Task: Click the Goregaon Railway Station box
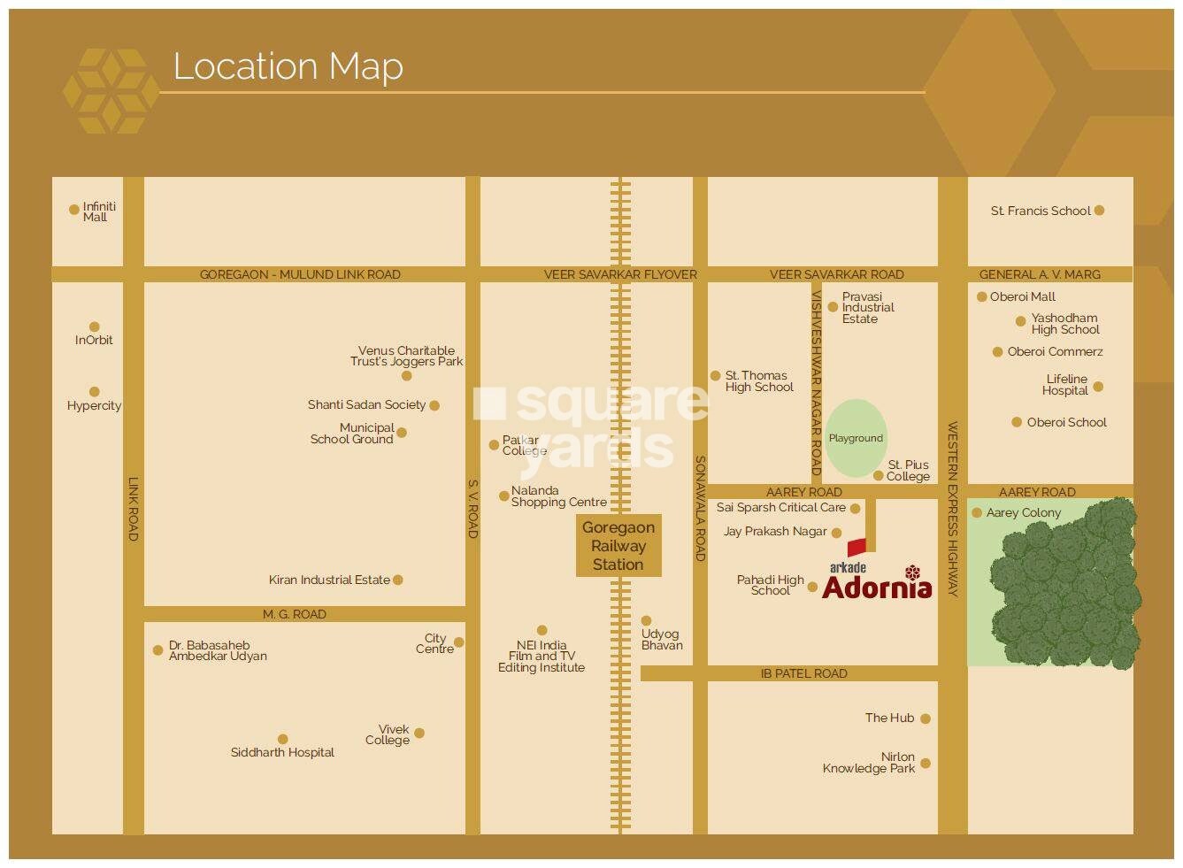[x=618, y=546]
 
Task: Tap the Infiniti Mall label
[x=98, y=211]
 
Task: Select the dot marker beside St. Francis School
[x=1099, y=211]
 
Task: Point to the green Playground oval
[x=856, y=437]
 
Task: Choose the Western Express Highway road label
[x=953, y=509]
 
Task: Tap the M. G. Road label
[x=295, y=614]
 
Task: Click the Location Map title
[x=288, y=66]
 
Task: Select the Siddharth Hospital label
[x=282, y=753]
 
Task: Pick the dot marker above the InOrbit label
[x=95, y=326]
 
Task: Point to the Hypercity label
[x=94, y=406]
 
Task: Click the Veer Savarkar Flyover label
[x=620, y=274]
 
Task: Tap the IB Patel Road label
[x=803, y=674]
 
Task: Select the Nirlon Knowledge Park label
[x=869, y=763]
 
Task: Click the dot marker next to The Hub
[x=926, y=718]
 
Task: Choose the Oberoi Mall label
[x=1022, y=297]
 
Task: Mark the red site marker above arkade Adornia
[x=856, y=548]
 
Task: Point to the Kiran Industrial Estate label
[x=329, y=580]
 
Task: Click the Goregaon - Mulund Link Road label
[x=300, y=274]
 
